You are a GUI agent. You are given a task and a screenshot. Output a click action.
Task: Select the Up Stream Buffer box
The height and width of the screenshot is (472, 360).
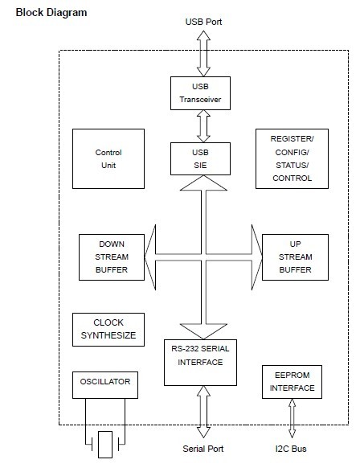295,257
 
